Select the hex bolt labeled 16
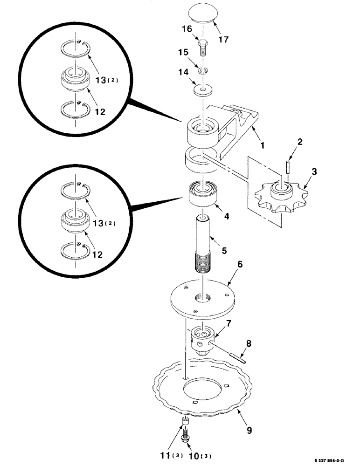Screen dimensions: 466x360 (x=204, y=47)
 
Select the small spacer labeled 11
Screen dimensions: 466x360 (x=185, y=423)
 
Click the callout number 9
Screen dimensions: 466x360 (x=249, y=430)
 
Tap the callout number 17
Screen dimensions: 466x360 (x=223, y=40)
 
